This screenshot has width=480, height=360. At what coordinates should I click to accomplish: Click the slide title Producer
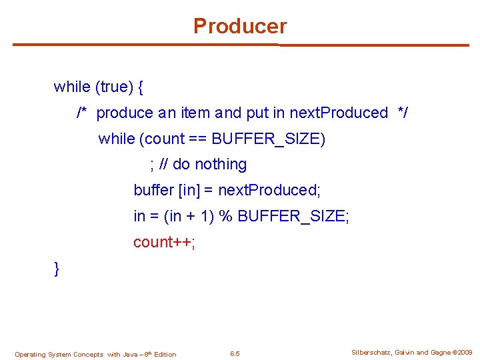tap(240, 27)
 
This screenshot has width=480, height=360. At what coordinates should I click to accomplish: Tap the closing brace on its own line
tap(57, 269)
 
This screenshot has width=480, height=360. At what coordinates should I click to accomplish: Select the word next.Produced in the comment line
tap(339, 113)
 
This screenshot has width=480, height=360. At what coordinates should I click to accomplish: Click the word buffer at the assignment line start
tap(153, 190)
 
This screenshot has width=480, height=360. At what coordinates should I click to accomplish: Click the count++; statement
tap(164, 242)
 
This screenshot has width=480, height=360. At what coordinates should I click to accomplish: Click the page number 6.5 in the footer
tap(235, 353)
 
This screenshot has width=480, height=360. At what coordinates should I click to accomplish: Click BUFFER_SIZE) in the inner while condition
tap(269, 139)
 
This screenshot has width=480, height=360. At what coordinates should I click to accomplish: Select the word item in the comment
tap(195, 113)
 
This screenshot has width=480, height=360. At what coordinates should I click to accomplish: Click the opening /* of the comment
tap(83, 113)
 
